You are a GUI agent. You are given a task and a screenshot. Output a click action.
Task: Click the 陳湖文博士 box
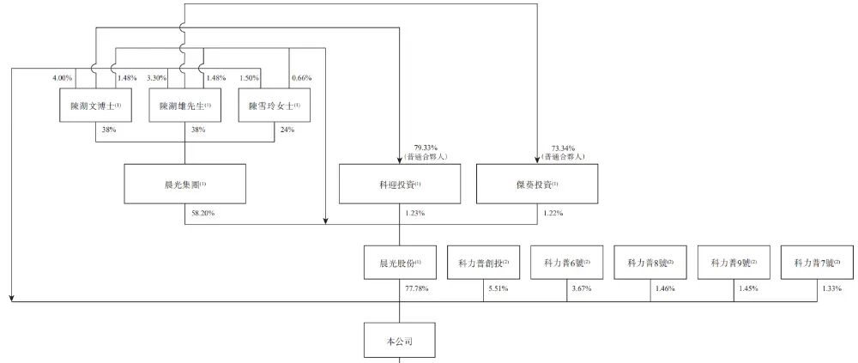click(96, 105)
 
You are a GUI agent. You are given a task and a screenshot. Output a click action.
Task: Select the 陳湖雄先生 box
click(185, 105)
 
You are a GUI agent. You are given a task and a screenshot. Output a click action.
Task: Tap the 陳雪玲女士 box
click(275, 105)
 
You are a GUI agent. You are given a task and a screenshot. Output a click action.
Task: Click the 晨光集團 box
click(185, 184)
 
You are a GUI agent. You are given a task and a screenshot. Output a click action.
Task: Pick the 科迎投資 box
click(400, 184)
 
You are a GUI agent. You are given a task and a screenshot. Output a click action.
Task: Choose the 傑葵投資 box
click(537, 184)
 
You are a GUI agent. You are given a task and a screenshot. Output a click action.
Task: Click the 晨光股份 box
click(400, 263)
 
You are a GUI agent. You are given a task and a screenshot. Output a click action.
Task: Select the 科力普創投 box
click(484, 263)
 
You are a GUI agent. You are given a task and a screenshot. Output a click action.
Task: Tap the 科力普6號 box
click(567, 263)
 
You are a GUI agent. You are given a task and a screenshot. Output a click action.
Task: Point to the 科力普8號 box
click(650, 263)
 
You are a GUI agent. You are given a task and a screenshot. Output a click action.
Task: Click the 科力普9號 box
click(734, 263)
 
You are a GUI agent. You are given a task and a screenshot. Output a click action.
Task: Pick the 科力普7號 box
click(818, 263)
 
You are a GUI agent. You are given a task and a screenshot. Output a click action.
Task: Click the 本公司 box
click(400, 342)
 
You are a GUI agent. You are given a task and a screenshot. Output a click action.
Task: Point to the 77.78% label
click(416, 288)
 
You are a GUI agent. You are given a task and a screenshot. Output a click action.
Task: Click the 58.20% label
click(203, 213)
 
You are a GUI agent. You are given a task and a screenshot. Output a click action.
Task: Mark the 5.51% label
click(498, 288)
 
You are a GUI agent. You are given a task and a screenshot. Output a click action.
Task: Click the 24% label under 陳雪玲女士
click(287, 130)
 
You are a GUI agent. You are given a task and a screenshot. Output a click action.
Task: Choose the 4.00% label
click(63, 78)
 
